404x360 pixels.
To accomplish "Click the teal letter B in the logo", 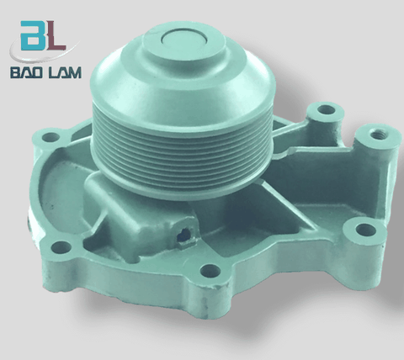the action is [x=34, y=36].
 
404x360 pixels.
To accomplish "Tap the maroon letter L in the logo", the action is [x=56, y=37].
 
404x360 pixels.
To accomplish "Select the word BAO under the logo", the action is [x=27, y=72].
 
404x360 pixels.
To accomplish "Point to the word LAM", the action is [x=66, y=72].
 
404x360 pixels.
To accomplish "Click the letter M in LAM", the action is [x=74, y=72].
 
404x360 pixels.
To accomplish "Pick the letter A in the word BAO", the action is [x=27, y=72].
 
